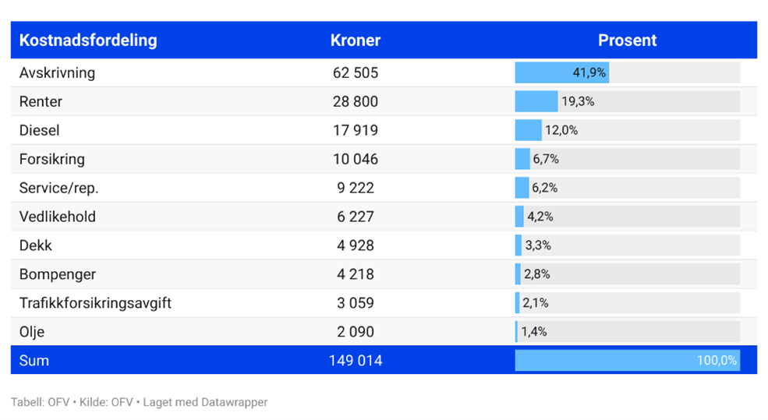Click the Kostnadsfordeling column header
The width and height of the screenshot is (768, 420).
(x=88, y=41)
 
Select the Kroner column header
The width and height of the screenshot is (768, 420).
(x=356, y=41)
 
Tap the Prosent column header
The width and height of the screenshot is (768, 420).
(x=627, y=41)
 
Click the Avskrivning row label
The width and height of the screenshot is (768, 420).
(x=57, y=72)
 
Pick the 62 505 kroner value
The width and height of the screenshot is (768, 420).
(x=356, y=72)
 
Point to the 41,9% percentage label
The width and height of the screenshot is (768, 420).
(x=589, y=72)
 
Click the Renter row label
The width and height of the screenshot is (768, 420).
(x=41, y=101)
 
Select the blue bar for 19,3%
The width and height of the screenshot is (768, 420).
(x=536, y=101)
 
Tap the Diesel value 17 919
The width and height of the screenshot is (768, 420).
(x=356, y=130)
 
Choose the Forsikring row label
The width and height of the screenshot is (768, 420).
(x=51, y=159)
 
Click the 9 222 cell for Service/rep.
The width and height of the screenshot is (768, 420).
(x=356, y=188)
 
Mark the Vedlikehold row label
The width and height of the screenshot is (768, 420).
(x=58, y=217)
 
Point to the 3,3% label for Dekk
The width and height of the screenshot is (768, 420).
(x=538, y=245)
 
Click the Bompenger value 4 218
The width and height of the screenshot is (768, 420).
(x=356, y=274)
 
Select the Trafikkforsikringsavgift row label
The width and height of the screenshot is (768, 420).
(x=95, y=303)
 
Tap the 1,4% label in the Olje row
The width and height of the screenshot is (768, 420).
(x=534, y=332)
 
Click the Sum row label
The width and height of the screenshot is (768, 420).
(x=34, y=361)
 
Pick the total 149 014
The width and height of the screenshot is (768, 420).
(x=356, y=361)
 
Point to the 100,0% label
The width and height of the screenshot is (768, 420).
(x=717, y=361)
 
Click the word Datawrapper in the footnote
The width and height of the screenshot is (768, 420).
(x=234, y=403)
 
